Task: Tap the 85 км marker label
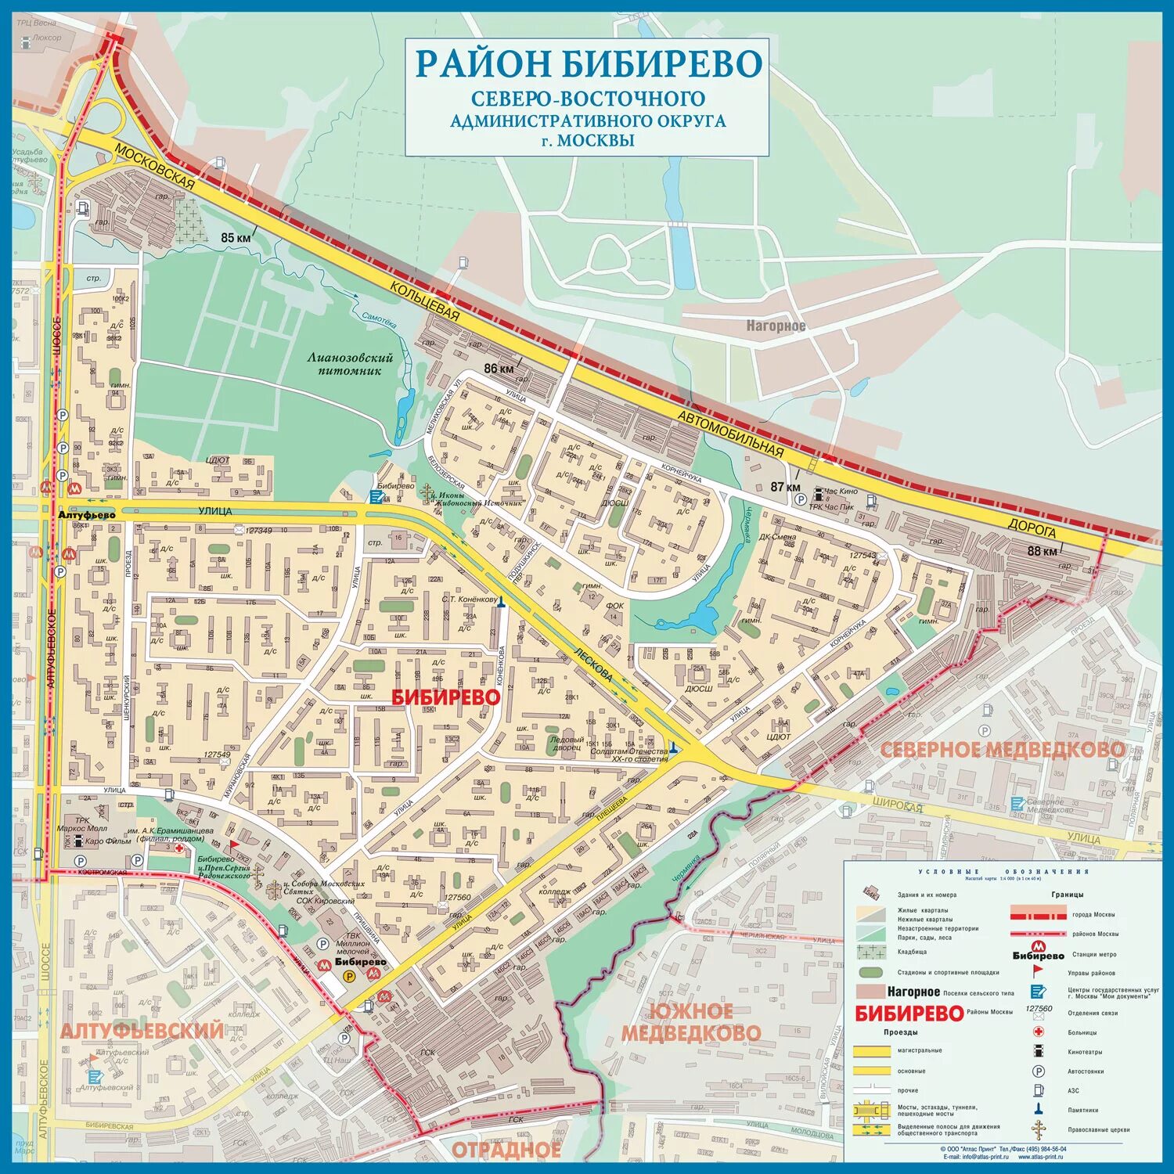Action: pyautogui.click(x=236, y=237)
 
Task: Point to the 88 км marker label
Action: pyautogui.click(x=1042, y=550)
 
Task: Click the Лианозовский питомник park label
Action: pyautogui.click(x=350, y=364)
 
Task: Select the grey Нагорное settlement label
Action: pyautogui.click(x=775, y=326)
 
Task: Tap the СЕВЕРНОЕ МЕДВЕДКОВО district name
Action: pyautogui.click(x=1003, y=750)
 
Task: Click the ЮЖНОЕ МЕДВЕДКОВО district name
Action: pyautogui.click(x=690, y=1022)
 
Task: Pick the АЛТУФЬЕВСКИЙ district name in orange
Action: pyautogui.click(x=142, y=1030)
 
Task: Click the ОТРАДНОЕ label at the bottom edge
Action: pyautogui.click(x=506, y=1149)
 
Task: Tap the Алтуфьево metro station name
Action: pyautogui.click(x=86, y=514)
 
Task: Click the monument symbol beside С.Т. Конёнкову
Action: pyautogui.click(x=502, y=601)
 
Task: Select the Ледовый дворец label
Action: pyautogui.click(x=566, y=743)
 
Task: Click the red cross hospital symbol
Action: pyautogui.click(x=179, y=848)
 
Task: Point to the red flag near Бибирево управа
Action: pyautogui.click(x=233, y=846)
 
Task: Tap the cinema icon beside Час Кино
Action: pyautogui.click(x=818, y=494)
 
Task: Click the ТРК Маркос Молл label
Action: pyautogui.click(x=81, y=825)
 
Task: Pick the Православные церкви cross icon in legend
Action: pyautogui.click(x=1038, y=1129)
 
